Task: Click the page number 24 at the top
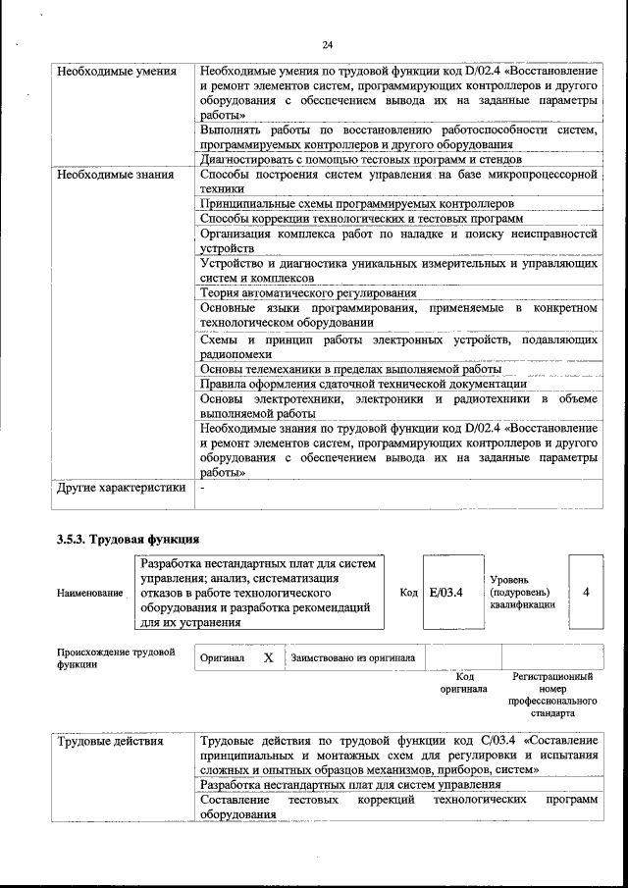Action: coord(327,44)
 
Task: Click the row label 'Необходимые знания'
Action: coord(115,175)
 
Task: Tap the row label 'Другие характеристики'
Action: coord(121,488)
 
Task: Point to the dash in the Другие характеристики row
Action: coord(202,488)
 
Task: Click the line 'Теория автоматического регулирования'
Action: coord(308,292)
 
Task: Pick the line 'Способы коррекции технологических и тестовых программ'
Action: coord(360,218)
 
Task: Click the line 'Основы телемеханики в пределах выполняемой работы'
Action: coord(350,369)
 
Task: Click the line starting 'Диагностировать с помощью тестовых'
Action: coord(360,159)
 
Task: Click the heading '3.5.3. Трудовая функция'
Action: coord(128,540)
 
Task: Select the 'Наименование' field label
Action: coord(90,594)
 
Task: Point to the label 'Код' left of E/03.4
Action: coord(408,593)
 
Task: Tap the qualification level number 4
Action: coord(586,593)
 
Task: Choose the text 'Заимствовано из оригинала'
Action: coord(352,658)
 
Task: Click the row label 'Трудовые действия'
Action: coord(110,741)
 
